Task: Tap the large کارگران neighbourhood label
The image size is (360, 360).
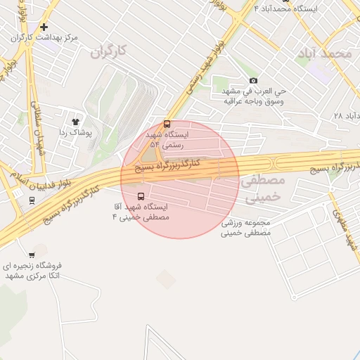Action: [111, 51]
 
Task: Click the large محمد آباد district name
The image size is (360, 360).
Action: [324, 53]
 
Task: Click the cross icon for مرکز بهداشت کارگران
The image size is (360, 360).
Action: [44, 27]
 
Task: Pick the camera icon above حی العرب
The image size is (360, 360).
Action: [253, 81]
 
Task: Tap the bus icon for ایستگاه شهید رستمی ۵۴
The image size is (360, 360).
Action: [167, 124]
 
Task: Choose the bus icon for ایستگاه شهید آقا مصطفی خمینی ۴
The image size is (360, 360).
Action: [141, 196]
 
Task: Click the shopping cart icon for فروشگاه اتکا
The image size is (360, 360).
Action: [32, 255]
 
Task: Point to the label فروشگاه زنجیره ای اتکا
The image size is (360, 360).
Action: [34, 270]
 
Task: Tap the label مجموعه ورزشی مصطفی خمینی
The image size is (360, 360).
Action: [246, 227]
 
